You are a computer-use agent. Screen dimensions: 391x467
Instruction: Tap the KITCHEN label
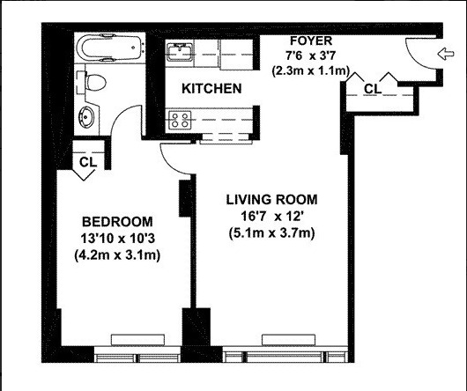(211, 89)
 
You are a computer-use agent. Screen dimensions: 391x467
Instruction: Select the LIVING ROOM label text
(270, 199)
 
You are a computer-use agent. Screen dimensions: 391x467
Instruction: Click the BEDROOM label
(117, 221)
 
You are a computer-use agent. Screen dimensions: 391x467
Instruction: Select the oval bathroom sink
(89, 118)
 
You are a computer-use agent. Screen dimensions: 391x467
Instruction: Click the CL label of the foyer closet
(372, 88)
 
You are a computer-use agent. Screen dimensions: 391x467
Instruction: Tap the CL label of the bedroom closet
(87, 162)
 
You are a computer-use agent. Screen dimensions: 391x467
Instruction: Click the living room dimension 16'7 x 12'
(270, 216)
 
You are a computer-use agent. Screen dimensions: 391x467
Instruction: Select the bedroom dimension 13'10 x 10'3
(117, 238)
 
